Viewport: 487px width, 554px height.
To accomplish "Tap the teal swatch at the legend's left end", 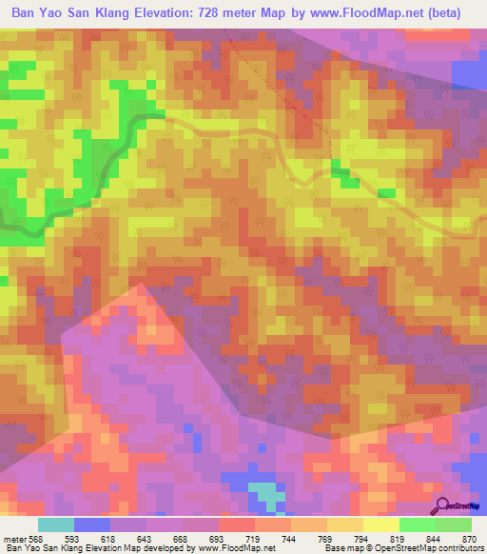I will pyautogui.click(x=56, y=525).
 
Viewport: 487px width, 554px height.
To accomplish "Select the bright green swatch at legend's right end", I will pyautogui.click(x=454, y=525).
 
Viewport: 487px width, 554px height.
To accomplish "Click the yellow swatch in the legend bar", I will pyautogui.click(x=381, y=525).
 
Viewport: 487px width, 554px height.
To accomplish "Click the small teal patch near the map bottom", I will pyautogui.click(x=267, y=494).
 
